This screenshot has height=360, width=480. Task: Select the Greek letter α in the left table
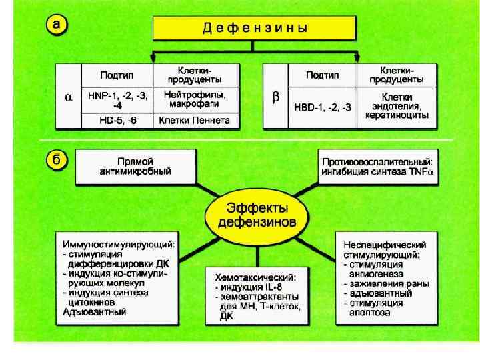68,97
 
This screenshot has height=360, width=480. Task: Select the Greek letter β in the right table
276,97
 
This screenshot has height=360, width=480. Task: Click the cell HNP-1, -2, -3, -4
117,101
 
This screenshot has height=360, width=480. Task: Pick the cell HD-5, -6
117,121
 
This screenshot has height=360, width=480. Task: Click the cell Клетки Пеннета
194,121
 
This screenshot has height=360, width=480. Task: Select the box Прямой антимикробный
135,167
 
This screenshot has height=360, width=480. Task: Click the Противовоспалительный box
377,167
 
